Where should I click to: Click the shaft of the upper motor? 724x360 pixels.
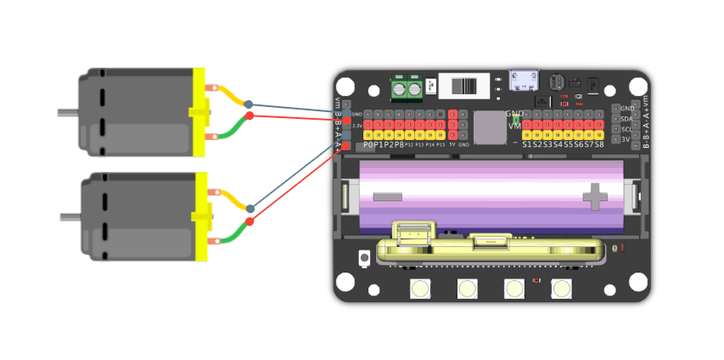tap(67, 112)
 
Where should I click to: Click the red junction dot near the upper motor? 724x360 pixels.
tap(249, 115)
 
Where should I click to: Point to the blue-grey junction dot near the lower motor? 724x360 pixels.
tap(250, 208)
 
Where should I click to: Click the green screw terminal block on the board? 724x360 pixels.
tap(406, 87)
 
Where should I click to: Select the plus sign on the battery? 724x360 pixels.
tap(595, 198)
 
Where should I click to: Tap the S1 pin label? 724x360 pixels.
tap(528, 144)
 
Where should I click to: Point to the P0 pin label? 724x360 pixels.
tap(368, 144)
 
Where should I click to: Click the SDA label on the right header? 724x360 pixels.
tap(626, 119)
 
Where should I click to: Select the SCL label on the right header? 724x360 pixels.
tap(626, 129)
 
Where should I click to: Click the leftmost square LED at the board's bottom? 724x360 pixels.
tap(419, 289)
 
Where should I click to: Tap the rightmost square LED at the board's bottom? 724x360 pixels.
tap(561, 289)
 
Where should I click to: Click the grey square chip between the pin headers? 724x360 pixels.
tap(489, 127)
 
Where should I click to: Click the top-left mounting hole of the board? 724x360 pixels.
tap(345, 87)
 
